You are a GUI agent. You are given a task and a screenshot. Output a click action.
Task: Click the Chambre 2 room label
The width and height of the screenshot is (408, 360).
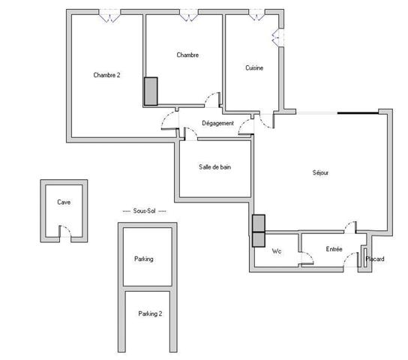[x=106, y=74]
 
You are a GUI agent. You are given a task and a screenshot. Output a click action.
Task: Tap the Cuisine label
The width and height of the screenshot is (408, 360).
[x=254, y=68]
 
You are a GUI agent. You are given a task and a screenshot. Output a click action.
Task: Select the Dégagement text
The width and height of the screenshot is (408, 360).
[x=217, y=123]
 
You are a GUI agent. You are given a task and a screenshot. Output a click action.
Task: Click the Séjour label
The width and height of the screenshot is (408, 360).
[x=321, y=172]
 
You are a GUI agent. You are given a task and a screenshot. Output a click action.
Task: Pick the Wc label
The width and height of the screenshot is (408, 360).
[x=276, y=250]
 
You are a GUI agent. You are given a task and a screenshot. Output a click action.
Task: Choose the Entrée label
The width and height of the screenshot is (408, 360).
[x=334, y=249]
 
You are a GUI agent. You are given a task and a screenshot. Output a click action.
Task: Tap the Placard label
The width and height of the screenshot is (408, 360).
[x=374, y=259]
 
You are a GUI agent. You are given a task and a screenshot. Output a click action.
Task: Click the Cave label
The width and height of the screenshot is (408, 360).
[x=64, y=202]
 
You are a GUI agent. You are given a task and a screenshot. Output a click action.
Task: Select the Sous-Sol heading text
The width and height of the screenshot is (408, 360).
[x=144, y=212]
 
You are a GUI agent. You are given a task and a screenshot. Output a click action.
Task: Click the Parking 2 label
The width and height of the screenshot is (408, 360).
[x=150, y=313]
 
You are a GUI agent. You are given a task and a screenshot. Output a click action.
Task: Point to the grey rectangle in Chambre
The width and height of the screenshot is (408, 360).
[x=151, y=91]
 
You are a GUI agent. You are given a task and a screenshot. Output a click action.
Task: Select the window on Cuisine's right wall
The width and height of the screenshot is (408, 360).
[x=277, y=37]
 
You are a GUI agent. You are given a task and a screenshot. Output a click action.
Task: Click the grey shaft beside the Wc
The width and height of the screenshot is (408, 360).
[x=259, y=231]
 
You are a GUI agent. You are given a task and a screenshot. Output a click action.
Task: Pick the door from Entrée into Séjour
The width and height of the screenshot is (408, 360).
[x=350, y=227]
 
